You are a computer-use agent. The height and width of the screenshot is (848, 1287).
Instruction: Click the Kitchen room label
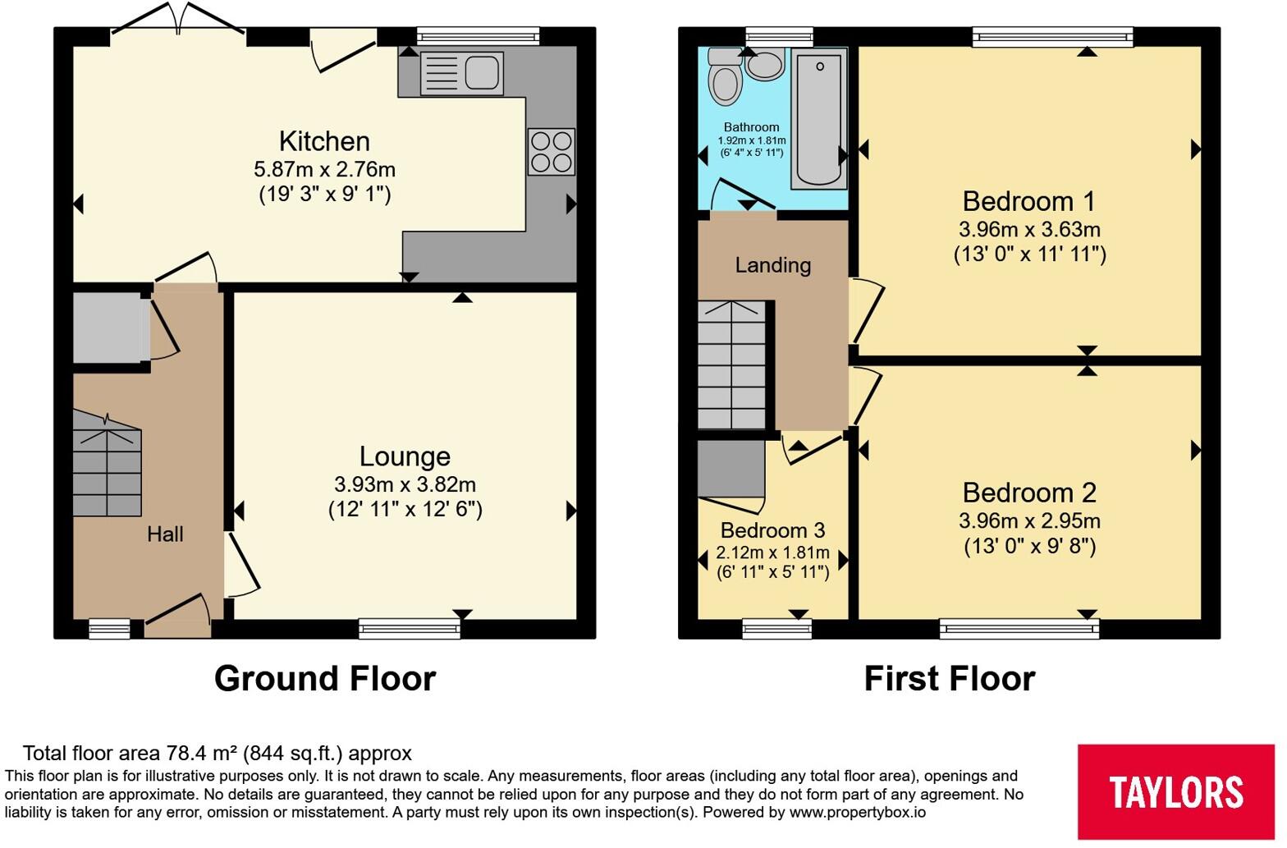coord(324,141)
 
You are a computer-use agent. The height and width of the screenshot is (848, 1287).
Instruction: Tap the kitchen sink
coord(460,73)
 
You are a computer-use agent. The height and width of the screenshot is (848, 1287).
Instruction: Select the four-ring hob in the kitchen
coord(551,152)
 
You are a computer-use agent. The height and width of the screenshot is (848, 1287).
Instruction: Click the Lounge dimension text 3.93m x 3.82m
coord(405,484)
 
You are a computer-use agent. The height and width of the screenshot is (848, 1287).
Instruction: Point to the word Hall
coord(165,534)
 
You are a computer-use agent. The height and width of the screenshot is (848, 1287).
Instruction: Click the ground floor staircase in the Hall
coord(107,464)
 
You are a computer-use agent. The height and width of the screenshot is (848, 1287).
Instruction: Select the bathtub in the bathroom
coord(819,117)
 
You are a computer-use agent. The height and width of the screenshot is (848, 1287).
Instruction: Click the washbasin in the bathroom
coord(765,64)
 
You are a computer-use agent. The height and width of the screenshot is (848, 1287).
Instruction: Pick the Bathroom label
coord(751,127)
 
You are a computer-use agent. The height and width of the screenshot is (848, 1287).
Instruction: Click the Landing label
coord(772,265)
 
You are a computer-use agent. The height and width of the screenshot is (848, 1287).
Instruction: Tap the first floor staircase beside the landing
coord(731,365)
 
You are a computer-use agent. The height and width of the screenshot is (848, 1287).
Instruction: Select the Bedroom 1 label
coord(1028,201)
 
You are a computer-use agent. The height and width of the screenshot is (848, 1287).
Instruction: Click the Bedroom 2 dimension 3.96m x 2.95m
coord(1029,520)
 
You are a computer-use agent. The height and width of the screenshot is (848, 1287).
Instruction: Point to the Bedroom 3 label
coord(772,530)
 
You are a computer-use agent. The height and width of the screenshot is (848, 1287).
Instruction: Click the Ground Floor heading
coord(325,679)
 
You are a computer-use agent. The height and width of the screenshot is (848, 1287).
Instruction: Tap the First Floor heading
coord(950,679)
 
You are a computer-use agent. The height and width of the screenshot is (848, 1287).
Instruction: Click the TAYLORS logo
coord(1175,791)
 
